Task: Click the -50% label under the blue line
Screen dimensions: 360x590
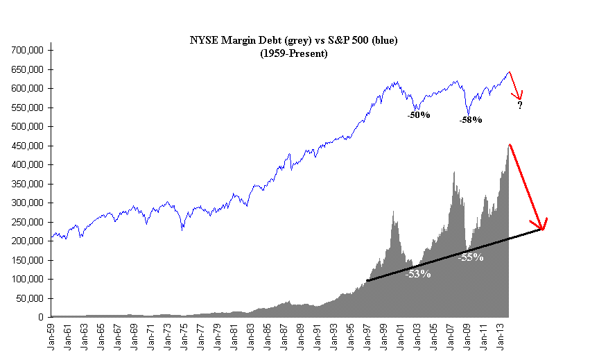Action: [419, 115]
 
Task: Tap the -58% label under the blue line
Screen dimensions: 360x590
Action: [471, 120]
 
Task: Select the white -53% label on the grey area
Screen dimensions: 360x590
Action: [418, 274]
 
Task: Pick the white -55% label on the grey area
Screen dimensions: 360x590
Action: [471, 257]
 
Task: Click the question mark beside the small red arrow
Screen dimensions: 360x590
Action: [519, 105]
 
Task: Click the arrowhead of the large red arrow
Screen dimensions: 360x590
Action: [544, 226]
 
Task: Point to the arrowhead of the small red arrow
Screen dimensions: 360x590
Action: [520, 96]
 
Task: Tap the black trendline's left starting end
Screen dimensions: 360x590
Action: [367, 281]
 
